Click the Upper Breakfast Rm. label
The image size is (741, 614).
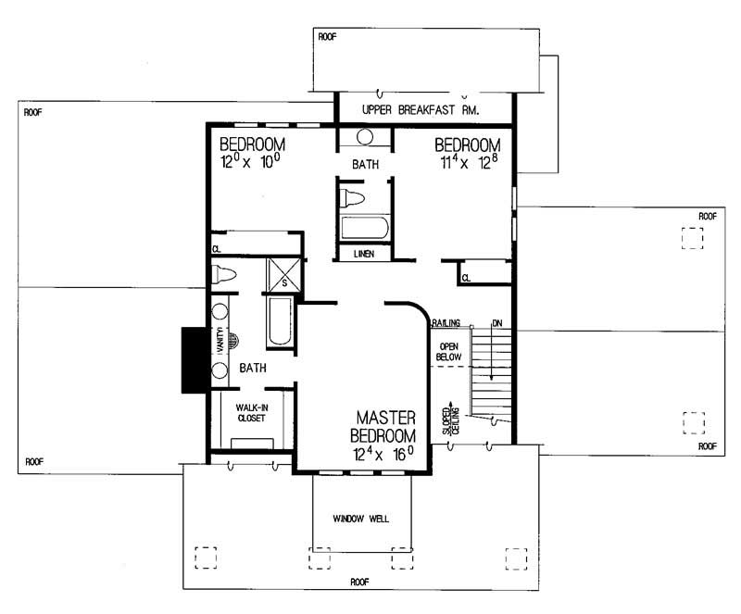click(419, 109)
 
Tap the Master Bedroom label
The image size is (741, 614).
click(382, 427)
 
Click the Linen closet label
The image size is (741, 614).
click(363, 254)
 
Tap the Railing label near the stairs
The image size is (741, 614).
click(446, 323)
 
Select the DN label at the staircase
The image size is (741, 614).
click(497, 323)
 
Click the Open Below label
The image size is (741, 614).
click(448, 353)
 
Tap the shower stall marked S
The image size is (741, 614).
click(281, 275)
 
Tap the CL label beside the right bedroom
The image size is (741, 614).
click(466, 276)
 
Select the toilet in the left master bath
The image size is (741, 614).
click(223, 274)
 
